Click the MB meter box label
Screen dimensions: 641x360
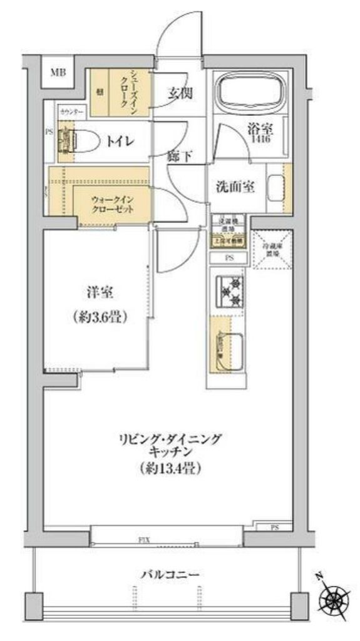[x=58, y=73]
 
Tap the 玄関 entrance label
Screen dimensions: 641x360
[x=180, y=94]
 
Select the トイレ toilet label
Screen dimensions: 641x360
[x=117, y=141]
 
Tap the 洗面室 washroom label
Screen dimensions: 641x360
[x=235, y=187]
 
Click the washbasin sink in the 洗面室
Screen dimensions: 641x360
[x=275, y=187]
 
